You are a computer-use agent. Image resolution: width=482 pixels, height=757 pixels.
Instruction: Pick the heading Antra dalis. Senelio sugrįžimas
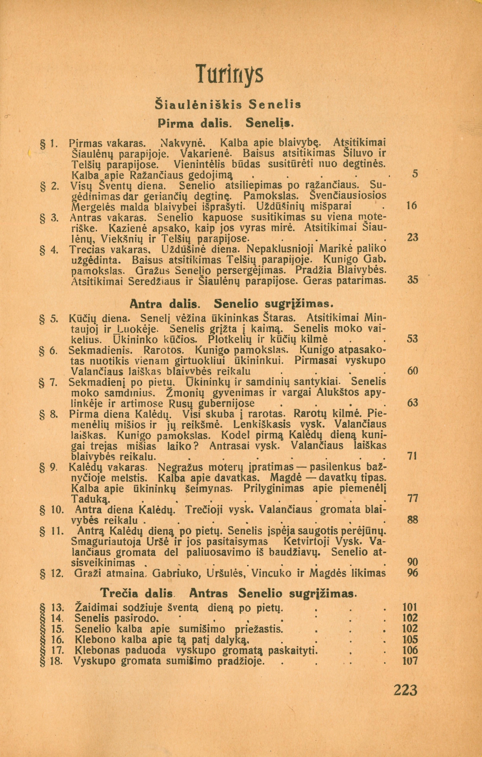click(231, 304)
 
